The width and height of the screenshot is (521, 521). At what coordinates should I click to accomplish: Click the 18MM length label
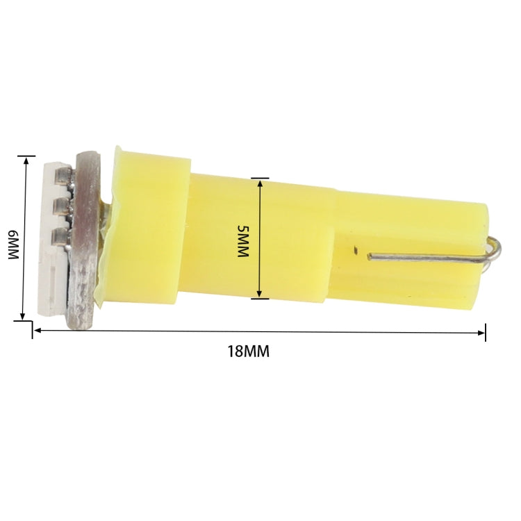point(248,351)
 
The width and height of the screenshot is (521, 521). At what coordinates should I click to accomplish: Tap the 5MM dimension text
point(242,241)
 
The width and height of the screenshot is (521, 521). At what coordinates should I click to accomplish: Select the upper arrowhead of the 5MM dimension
point(259,183)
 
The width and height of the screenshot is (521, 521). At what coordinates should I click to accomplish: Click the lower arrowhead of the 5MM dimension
point(259,295)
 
